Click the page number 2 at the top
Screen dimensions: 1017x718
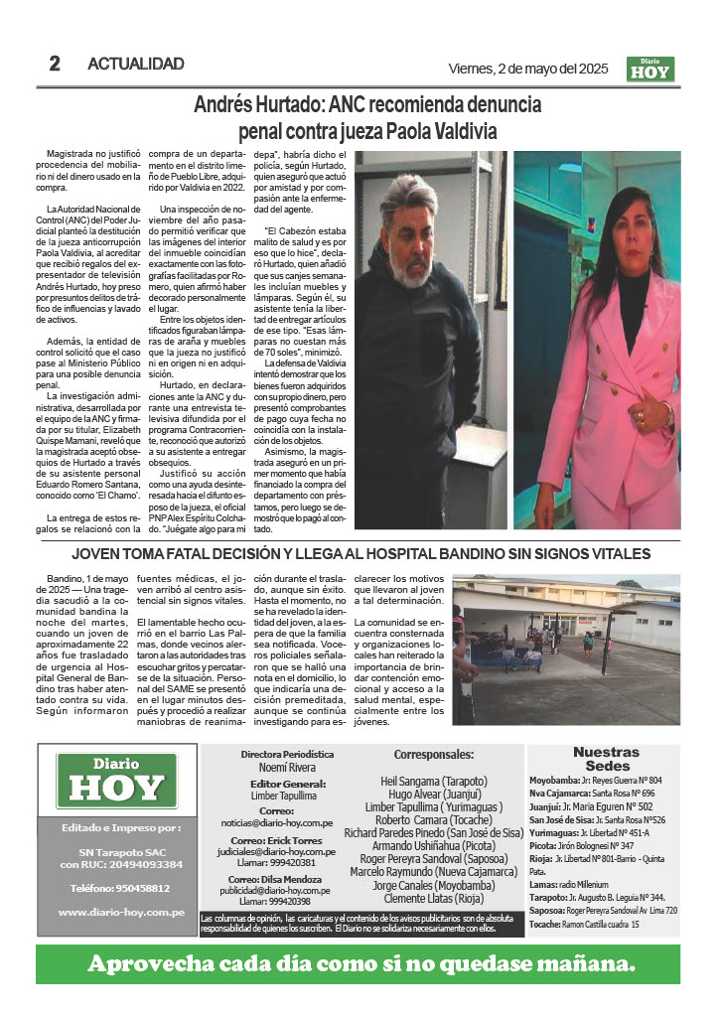[x=56, y=64]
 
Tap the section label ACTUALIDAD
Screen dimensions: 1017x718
[x=136, y=64]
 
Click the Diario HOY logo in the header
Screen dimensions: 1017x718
[x=650, y=69]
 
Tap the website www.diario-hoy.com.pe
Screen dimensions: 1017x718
[x=117, y=911]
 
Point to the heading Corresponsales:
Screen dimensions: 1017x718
[x=434, y=755]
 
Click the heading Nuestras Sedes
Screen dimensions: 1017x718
[x=607, y=759]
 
